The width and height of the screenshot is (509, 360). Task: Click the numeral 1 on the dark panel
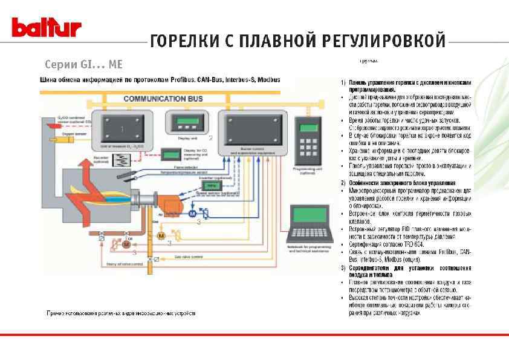(122, 129)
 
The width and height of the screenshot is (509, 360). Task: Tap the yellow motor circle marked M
(161, 234)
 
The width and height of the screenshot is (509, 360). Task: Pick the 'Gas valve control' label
(191, 257)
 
